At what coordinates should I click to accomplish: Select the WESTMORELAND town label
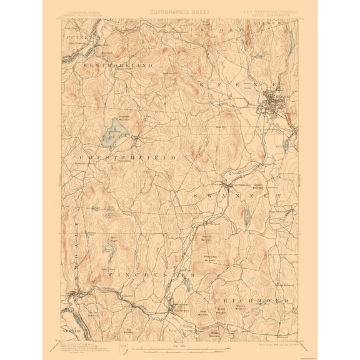coord(115,64)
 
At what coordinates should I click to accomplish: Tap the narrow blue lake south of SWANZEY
coord(248,217)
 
